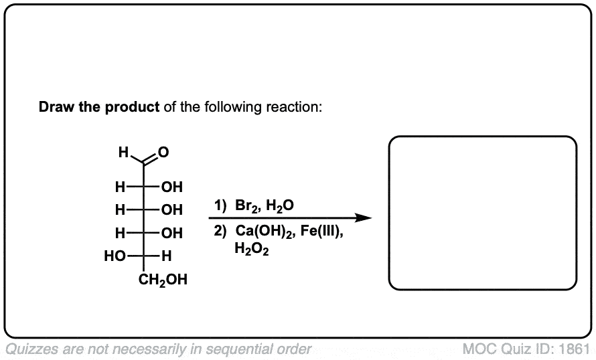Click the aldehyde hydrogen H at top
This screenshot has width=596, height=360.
(122, 152)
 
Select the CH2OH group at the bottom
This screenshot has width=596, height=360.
(163, 279)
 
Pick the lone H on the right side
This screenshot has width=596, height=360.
(167, 256)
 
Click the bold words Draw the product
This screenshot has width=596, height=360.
(99, 107)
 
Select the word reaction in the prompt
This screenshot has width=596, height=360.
(297, 107)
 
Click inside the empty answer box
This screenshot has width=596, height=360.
(482, 213)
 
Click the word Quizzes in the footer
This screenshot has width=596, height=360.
(31, 349)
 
